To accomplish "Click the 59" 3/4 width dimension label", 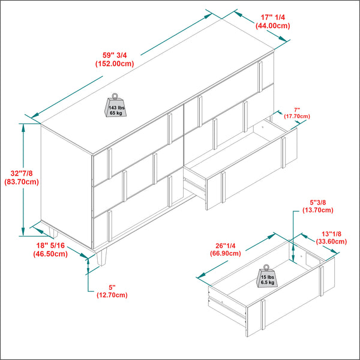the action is click(x=115, y=55).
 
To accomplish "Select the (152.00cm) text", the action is click(x=115, y=64).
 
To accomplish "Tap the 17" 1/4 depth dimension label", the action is click(x=273, y=17).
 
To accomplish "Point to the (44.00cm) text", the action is click(x=273, y=26).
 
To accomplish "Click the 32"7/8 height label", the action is click(x=22, y=173).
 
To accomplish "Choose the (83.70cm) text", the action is click(x=22, y=182).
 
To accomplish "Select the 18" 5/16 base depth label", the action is click(x=50, y=245).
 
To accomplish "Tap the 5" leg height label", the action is click(x=112, y=287).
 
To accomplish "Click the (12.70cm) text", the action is click(x=112, y=295).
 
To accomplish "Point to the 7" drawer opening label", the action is click(x=297, y=110).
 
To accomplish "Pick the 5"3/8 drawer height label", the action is click(x=318, y=203).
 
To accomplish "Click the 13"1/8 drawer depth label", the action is click(x=331, y=234).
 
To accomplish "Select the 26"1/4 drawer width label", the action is click(x=226, y=246).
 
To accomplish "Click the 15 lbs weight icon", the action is click(x=267, y=277).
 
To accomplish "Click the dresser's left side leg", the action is click(x=53, y=232).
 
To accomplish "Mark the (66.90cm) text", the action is click(x=226, y=253).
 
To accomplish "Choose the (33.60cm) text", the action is click(x=331, y=242).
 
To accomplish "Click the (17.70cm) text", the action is click(x=297, y=116).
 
